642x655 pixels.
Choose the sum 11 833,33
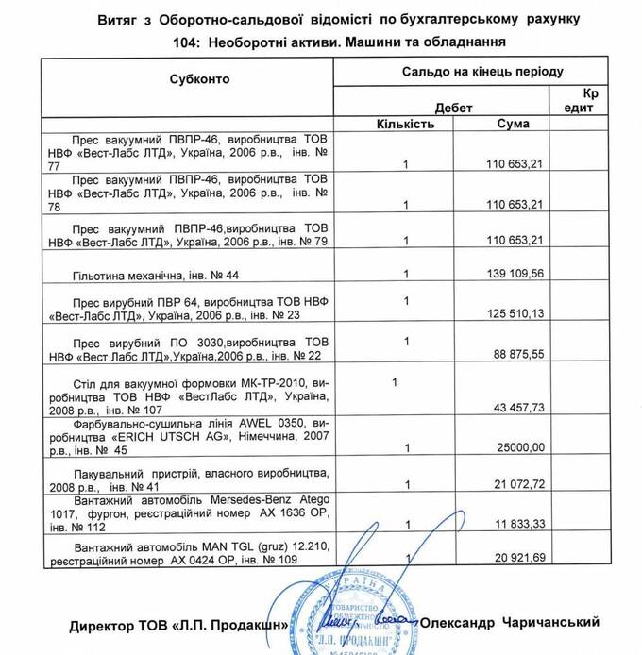(516, 524)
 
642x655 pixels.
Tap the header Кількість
(405, 124)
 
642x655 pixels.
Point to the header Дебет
(453, 108)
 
